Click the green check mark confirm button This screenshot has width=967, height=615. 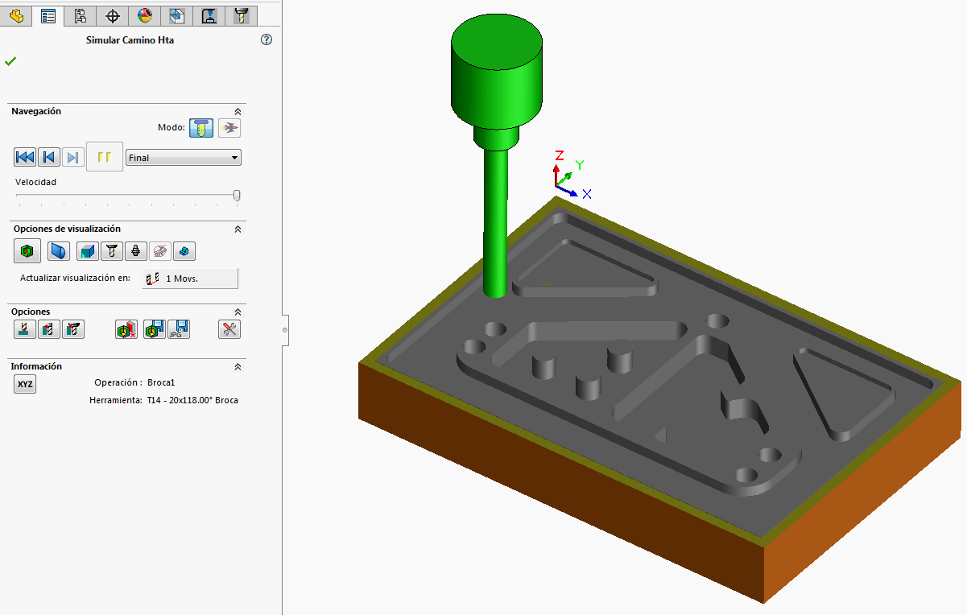(x=10, y=61)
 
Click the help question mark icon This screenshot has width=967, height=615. (x=267, y=39)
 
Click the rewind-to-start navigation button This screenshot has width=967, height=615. (x=25, y=157)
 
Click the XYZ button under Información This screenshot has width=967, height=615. (x=25, y=384)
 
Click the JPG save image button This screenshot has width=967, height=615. (x=178, y=328)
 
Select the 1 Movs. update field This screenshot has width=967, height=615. (x=190, y=279)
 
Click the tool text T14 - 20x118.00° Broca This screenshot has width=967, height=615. (x=192, y=400)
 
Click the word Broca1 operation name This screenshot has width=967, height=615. (x=161, y=382)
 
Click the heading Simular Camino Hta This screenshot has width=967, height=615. (x=130, y=39)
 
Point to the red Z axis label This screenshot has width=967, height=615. (x=559, y=155)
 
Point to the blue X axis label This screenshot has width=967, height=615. (x=587, y=194)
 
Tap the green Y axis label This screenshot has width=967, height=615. (x=580, y=166)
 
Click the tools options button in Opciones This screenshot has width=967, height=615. (x=229, y=328)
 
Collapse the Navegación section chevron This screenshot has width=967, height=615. (x=238, y=112)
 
